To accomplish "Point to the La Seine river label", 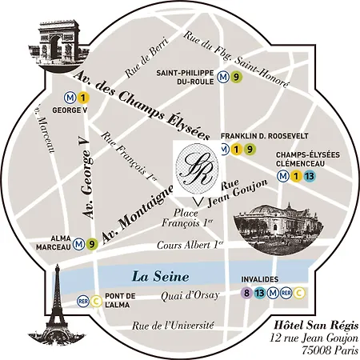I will click(x=161, y=277).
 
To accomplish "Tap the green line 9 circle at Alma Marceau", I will click(x=92, y=244).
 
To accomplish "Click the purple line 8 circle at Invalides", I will click(x=246, y=293).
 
